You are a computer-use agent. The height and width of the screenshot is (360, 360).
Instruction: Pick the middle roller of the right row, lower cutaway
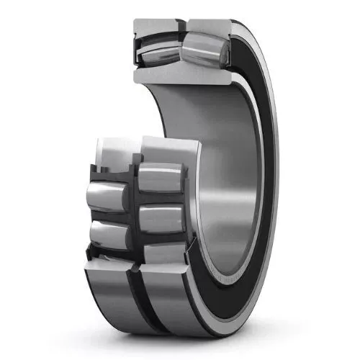tap(160, 217)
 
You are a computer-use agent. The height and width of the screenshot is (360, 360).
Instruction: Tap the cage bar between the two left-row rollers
tap(115, 215)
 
